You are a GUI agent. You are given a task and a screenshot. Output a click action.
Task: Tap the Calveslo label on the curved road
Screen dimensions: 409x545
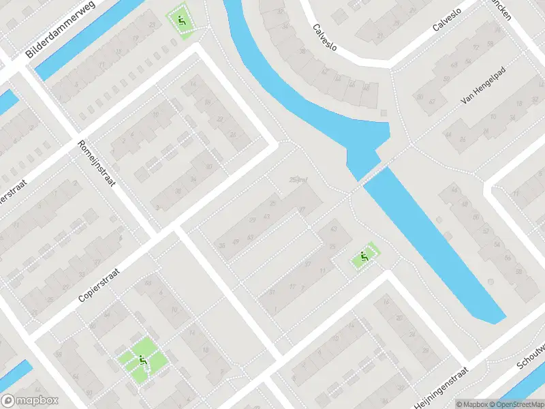[x=325, y=37]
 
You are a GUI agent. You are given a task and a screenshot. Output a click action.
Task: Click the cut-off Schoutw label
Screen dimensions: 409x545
[x=531, y=355]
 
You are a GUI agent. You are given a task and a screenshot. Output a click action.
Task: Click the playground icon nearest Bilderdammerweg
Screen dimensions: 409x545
[x=181, y=21]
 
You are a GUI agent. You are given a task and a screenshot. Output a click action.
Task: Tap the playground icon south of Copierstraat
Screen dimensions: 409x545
[x=142, y=361]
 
